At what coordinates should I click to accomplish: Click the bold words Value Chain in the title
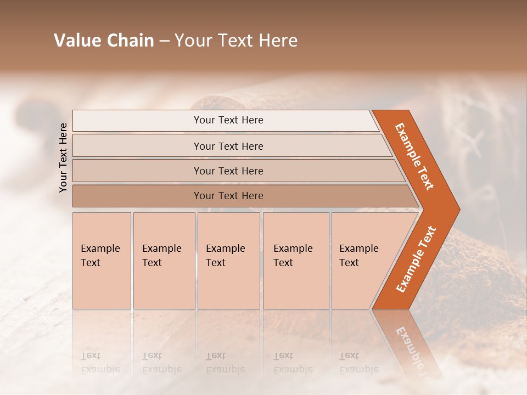[104, 41]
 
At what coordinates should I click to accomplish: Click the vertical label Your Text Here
[63, 157]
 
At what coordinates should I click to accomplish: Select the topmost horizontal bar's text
[228, 120]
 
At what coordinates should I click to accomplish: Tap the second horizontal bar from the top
[228, 146]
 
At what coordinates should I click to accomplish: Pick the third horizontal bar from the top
[228, 171]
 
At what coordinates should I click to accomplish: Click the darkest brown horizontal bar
[228, 196]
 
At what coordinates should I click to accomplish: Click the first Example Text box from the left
[102, 261]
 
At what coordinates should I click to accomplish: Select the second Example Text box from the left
[164, 261]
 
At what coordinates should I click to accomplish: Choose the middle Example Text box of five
[228, 261]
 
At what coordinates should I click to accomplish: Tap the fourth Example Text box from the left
[295, 261]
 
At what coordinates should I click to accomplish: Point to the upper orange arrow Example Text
[414, 156]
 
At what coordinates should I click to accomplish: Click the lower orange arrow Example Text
[416, 259]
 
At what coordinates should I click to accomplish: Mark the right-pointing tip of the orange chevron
[459, 210]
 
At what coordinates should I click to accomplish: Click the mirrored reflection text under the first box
[100, 363]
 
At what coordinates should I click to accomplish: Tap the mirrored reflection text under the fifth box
[359, 363]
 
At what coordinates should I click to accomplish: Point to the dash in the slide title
[164, 41]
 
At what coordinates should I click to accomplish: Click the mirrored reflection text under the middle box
[226, 363]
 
